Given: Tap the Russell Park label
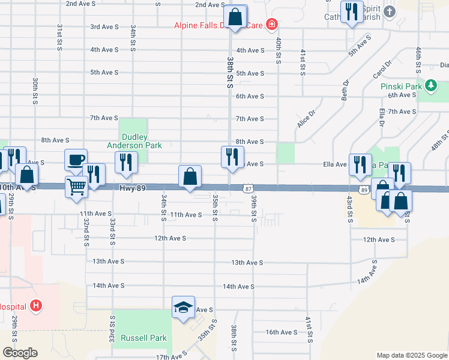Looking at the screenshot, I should click(143, 338).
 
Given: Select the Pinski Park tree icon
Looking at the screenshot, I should click(430, 86).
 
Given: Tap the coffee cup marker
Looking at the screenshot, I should click(76, 160).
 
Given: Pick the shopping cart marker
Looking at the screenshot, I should click(76, 187).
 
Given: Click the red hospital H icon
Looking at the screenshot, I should click(37, 306).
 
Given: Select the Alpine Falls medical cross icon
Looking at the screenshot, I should click(272, 25).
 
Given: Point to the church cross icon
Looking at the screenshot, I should click(390, 11).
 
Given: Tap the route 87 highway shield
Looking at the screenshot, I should click(248, 189).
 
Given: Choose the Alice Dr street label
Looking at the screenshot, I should click(306, 119).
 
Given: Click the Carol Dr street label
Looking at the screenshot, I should click(382, 70).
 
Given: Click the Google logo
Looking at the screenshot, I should click(20, 353).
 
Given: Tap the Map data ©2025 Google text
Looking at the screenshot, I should click(412, 355).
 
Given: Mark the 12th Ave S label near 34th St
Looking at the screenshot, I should click(170, 238).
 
